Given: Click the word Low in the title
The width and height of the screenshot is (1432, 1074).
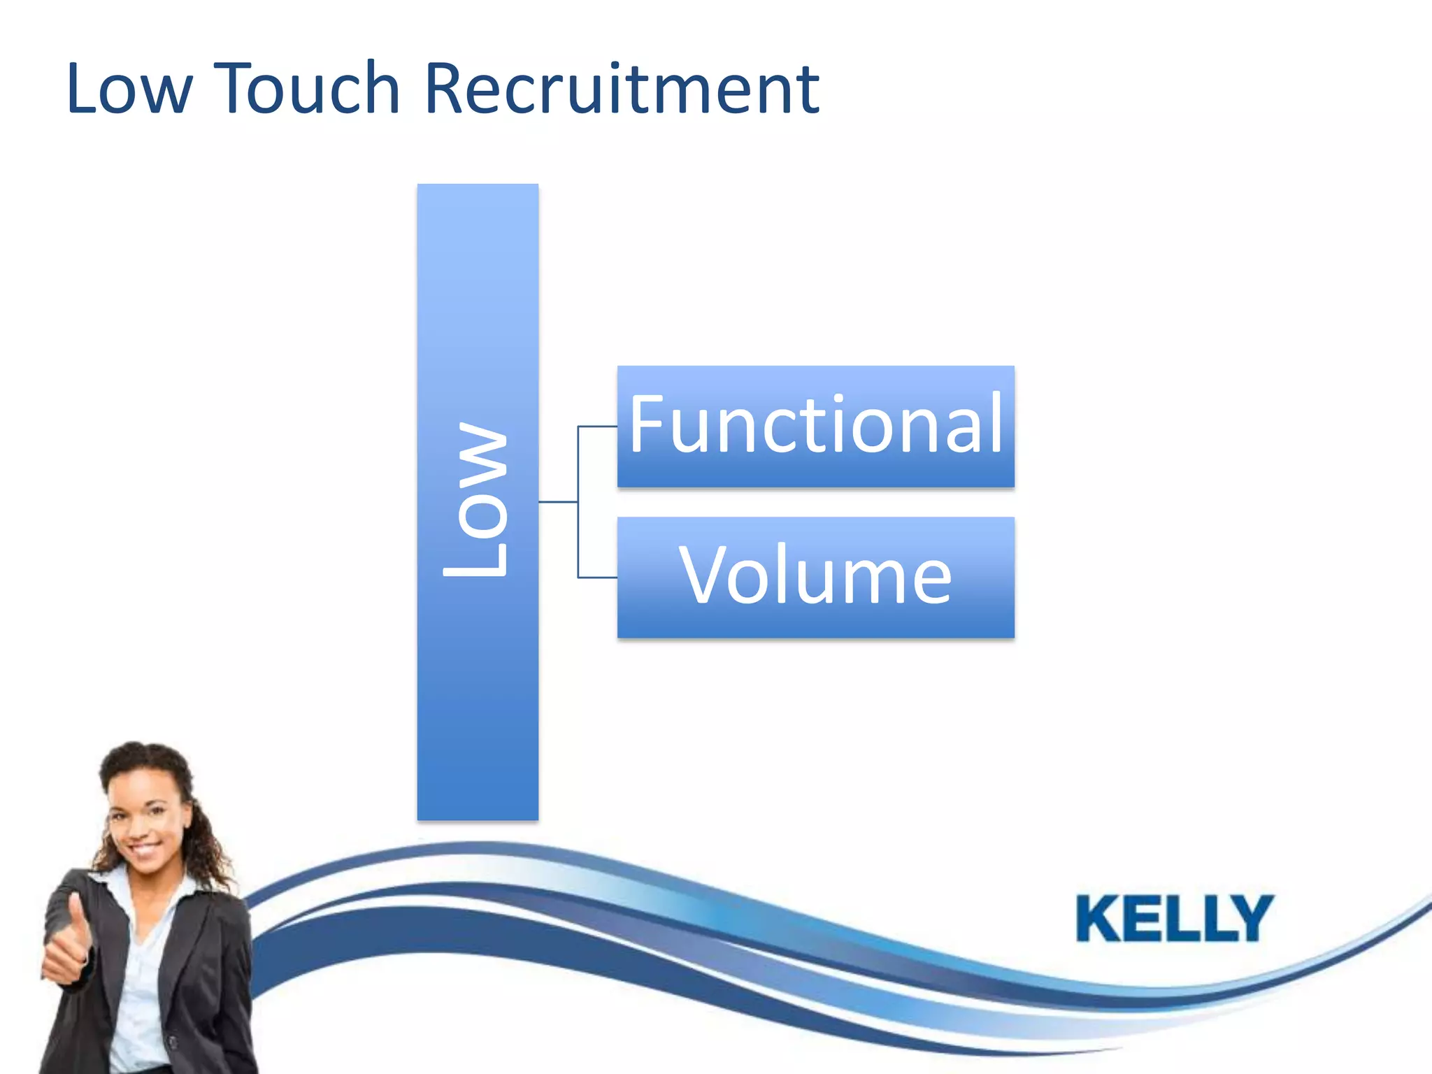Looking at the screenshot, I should pos(128,89).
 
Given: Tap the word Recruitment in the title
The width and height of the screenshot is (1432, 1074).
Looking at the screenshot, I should pos(621,89).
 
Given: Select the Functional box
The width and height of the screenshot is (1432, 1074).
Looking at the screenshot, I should pos(815,427).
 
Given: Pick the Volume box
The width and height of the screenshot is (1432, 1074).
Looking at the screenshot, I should pos(815,578).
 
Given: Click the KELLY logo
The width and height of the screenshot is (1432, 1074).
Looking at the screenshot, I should pos(1174,918).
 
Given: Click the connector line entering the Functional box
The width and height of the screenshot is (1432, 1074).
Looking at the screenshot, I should pos(599,427).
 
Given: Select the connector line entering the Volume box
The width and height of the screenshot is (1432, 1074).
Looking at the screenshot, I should pos(599,578).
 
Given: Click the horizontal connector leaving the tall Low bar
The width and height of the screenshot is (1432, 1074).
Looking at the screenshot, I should pos(557,502).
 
